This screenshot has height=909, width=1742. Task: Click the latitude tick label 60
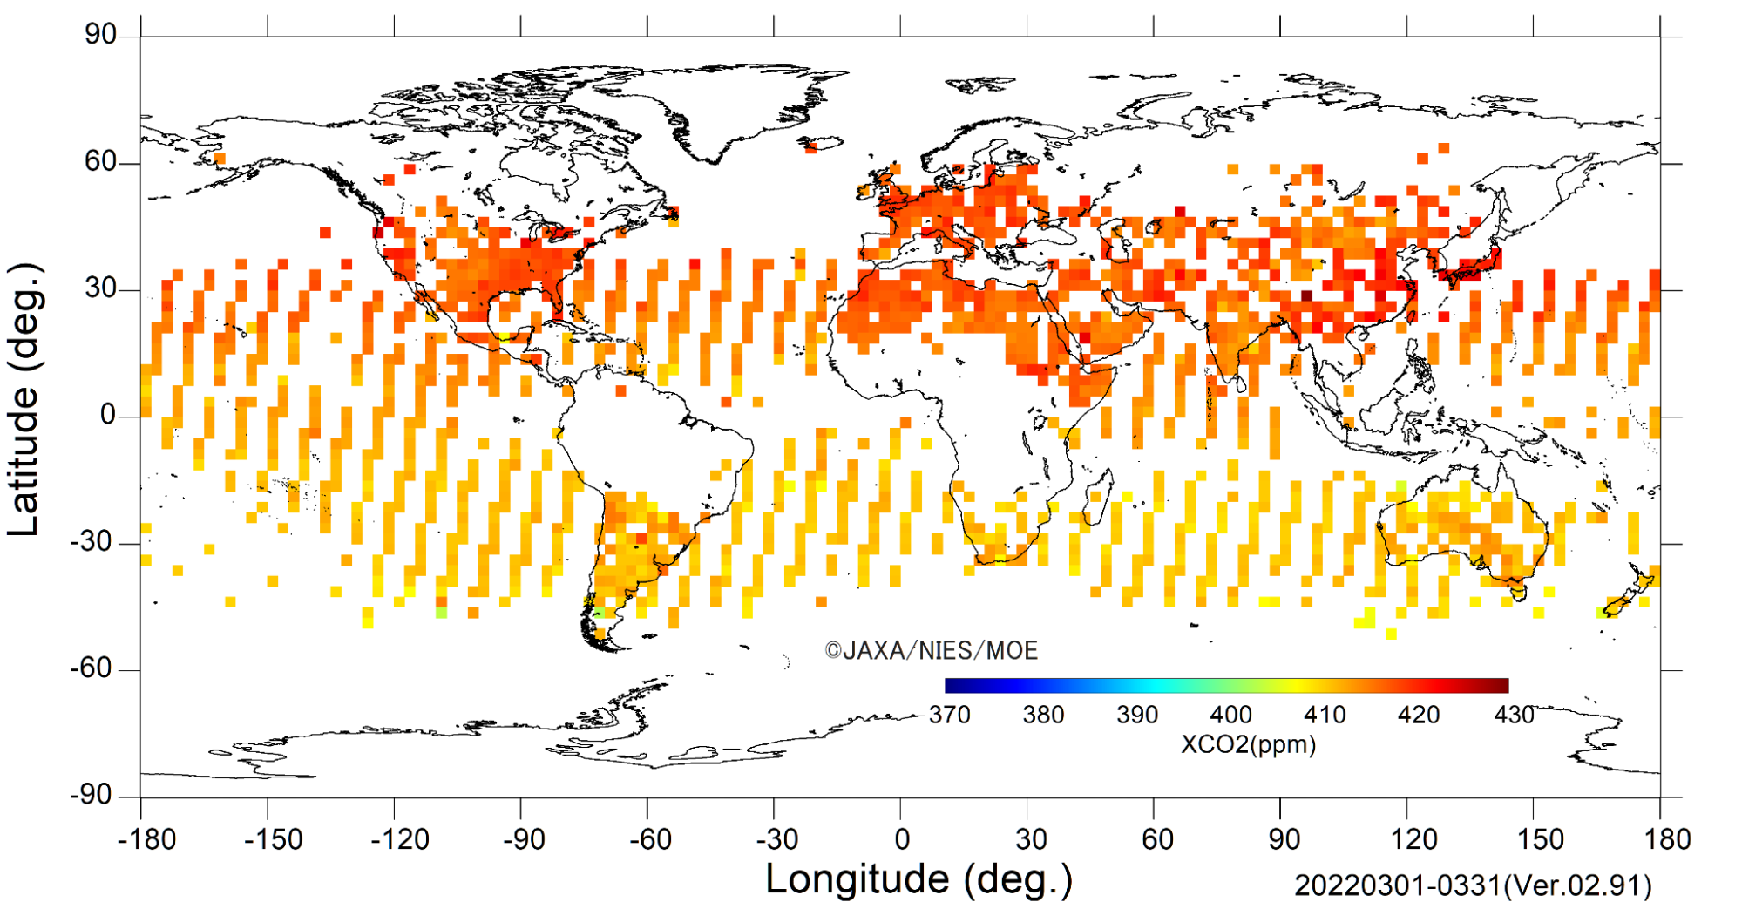coord(100,161)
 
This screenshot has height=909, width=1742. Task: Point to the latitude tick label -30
coord(93,542)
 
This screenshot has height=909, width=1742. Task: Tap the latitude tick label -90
coord(93,795)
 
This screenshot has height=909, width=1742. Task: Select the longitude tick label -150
coord(273,839)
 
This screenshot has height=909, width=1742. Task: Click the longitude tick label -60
coord(651,839)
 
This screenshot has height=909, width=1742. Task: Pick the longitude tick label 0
coord(902,839)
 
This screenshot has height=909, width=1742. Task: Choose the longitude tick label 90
coord(1284,839)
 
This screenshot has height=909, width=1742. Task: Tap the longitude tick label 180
coord(1667,839)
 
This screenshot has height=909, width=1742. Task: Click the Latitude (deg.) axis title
coord(24,399)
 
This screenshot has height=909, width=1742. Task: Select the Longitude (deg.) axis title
coord(919,879)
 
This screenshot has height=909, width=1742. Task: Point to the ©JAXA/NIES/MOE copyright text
coord(932,650)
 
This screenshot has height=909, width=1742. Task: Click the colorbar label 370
coord(950,715)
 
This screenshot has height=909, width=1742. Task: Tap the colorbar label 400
coord(1230,715)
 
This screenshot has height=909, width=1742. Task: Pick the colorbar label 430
coord(1515,715)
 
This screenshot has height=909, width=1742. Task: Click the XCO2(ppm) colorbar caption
coord(1249,744)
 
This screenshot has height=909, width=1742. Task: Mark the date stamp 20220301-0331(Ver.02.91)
coord(1473,885)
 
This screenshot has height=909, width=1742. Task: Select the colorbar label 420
coord(1419,715)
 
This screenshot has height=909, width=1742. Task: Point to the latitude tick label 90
coord(100,34)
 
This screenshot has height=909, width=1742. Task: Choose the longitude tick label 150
coord(1540,839)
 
